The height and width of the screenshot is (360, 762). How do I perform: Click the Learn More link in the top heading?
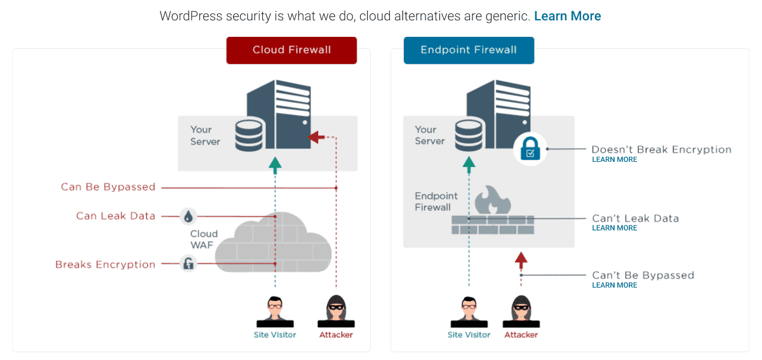(567, 17)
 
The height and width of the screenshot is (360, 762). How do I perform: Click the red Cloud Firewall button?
(291, 50)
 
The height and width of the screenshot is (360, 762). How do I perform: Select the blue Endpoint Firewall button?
(469, 50)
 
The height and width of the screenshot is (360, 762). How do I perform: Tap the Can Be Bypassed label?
(108, 187)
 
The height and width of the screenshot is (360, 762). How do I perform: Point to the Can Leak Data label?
(116, 216)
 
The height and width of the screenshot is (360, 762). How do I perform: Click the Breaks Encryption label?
(105, 265)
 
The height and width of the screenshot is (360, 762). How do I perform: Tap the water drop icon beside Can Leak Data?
(188, 217)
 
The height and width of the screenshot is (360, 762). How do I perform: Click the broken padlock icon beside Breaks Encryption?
(188, 263)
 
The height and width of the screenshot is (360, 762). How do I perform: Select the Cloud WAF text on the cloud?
(204, 239)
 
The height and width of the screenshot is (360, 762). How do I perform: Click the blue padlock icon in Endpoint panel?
(530, 150)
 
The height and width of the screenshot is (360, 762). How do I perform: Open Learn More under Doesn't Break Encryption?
(614, 160)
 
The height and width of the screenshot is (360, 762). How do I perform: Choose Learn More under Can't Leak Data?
(614, 229)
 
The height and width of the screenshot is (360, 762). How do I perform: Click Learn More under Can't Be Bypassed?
(614, 286)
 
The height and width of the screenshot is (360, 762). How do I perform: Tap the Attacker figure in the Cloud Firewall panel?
(336, 311)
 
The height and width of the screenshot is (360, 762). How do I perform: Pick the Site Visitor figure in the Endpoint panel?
(469, 311)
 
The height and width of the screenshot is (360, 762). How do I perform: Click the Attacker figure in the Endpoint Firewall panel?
(521, 311)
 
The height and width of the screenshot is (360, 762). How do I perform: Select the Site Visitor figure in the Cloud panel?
(275, 311)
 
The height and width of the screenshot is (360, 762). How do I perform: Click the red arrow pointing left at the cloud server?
(316, 137)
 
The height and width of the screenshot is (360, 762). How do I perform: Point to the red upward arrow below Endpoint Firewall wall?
(521, 258)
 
